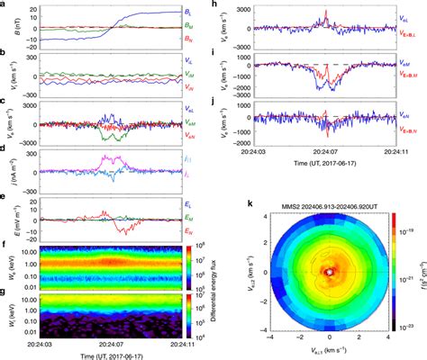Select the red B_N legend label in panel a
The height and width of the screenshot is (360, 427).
point(200,40)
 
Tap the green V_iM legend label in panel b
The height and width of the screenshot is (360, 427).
point(199,75)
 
